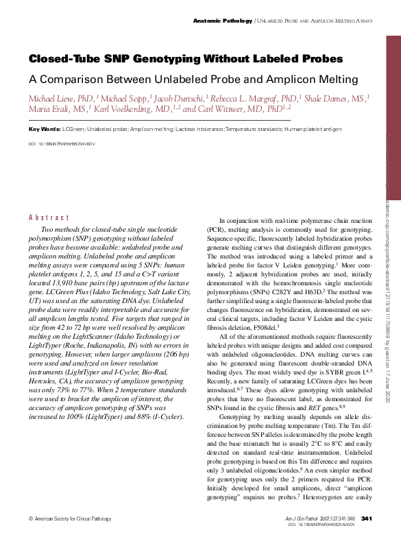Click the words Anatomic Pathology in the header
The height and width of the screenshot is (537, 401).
click(x=223, y=21)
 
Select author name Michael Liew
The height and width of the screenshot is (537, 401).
click(x=52, y=98)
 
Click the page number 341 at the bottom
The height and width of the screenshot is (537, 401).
click(x=366, y=517)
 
